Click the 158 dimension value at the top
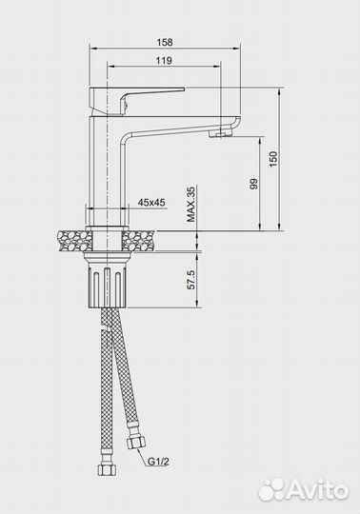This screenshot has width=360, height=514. (164, 42)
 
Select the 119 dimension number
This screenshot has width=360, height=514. (164, 60)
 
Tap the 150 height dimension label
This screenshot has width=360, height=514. (273, 159)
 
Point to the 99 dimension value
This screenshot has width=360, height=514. (254, 184)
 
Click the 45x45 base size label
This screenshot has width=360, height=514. (151, 203)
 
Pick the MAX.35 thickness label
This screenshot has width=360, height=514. (190, 204)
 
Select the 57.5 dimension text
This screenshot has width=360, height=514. (190, 280)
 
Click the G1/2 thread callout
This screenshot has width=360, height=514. (158, 462)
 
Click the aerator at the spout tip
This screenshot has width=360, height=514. (220, 133)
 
